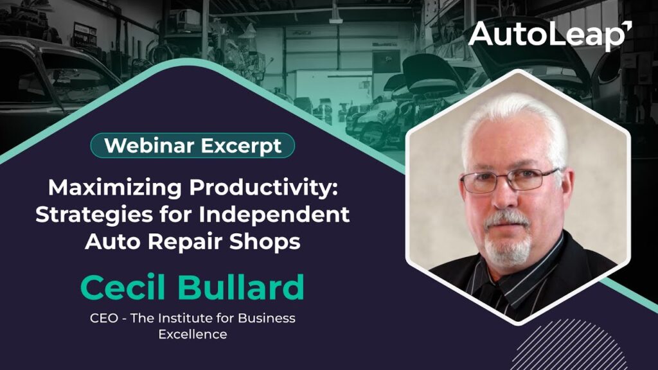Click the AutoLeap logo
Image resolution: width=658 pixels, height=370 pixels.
550,35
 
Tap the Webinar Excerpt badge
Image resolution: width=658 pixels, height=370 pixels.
193,146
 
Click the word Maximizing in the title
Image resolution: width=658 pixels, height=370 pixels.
115,188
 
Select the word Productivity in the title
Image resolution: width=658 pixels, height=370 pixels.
263,188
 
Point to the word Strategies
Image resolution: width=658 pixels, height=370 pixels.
94,215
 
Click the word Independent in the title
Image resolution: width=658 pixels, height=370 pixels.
274,214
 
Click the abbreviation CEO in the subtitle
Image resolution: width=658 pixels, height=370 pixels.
103,318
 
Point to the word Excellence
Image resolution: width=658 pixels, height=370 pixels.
193,334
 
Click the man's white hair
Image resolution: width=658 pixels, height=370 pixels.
514,121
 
